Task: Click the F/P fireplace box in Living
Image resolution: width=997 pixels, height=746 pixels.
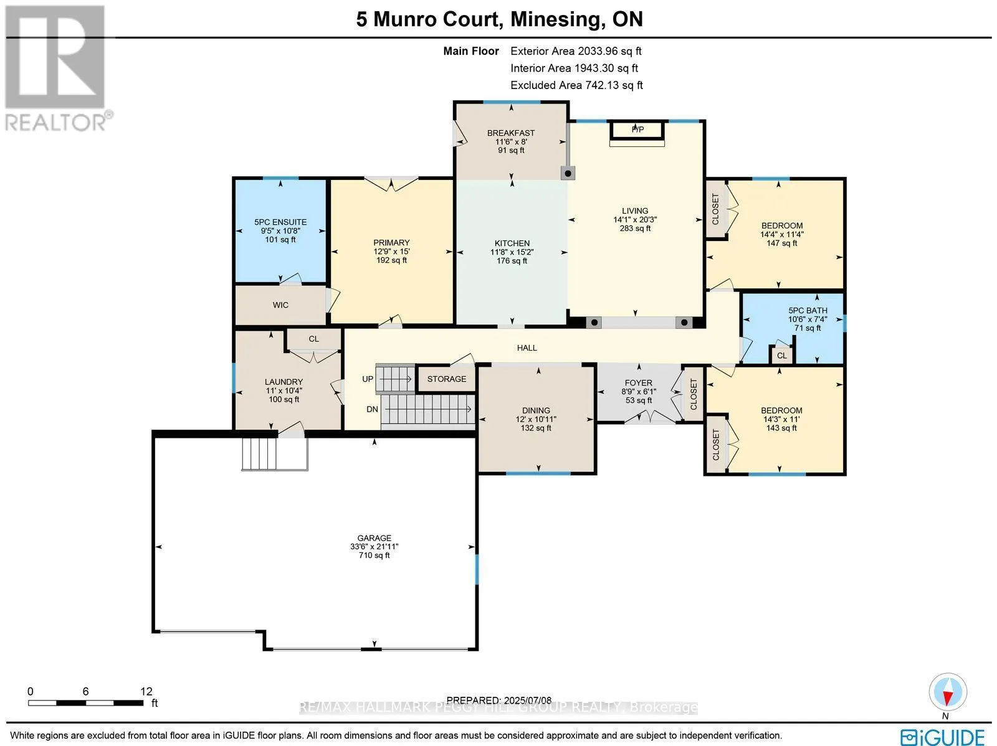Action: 637,130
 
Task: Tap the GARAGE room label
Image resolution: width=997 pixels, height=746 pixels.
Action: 374,538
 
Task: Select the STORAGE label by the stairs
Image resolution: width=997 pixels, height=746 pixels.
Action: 446,379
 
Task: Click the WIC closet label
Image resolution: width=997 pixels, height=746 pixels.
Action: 280,305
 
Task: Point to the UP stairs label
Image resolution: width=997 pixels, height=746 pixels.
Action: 368,379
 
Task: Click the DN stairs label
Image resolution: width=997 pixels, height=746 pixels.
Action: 372,409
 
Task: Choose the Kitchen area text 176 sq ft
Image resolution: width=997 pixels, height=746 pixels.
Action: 512,261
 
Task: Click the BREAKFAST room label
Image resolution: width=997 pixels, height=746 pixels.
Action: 511,133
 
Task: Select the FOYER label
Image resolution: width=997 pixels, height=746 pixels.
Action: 638,383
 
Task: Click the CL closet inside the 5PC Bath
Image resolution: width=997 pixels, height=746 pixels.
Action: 781,356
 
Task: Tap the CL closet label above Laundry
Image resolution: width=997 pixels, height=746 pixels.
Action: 313,339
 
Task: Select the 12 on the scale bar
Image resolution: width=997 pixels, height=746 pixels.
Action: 146,691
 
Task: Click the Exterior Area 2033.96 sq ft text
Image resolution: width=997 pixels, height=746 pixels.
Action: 576,52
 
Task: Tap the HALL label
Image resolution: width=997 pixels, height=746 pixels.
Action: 527,348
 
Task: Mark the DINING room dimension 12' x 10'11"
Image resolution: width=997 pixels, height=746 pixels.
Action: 536,419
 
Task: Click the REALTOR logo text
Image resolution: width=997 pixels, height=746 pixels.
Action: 59,121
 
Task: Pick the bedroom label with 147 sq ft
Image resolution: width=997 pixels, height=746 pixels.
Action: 781,226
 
